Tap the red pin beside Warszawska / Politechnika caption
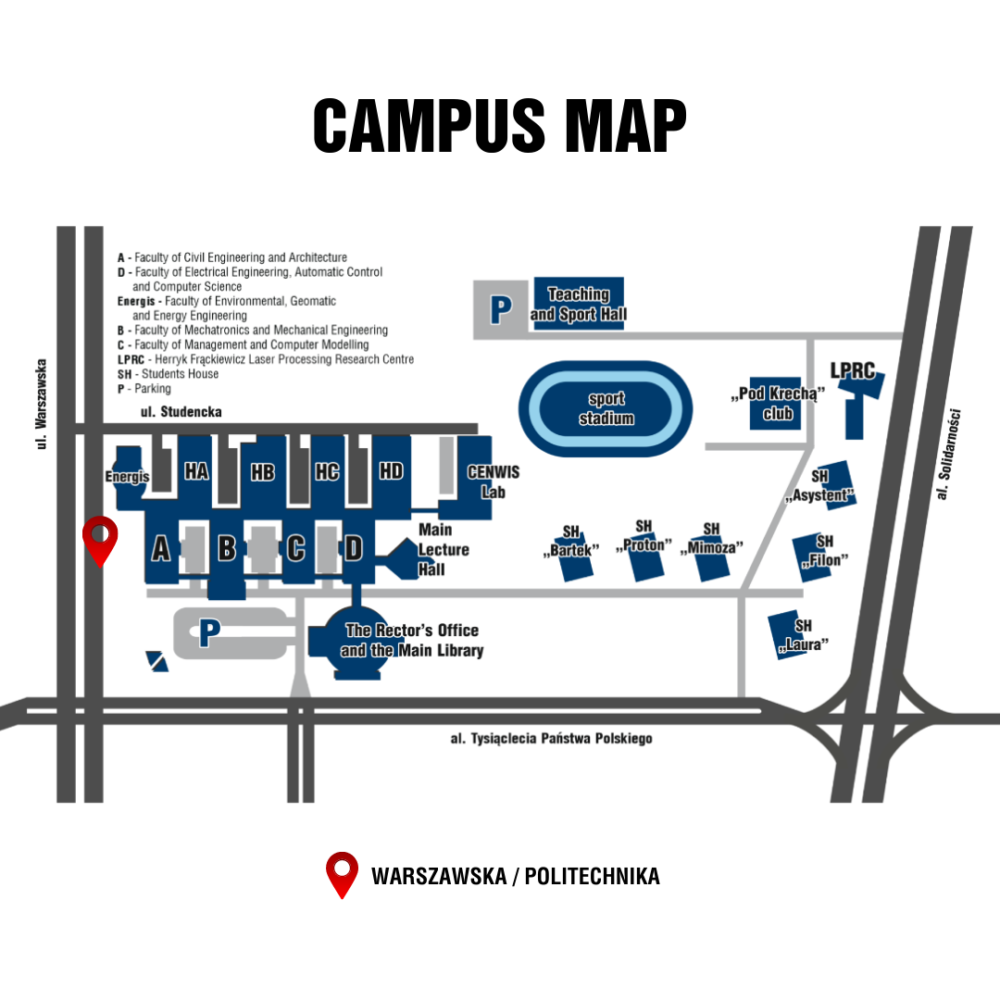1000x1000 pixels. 343,872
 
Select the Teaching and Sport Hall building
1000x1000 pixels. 579,304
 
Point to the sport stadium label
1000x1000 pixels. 606,408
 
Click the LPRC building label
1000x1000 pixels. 853,371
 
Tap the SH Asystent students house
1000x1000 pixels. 820,486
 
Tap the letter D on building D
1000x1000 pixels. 354,548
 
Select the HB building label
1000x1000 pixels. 263,472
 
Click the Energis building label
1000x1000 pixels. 127,476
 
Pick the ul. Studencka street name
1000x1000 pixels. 181,411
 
